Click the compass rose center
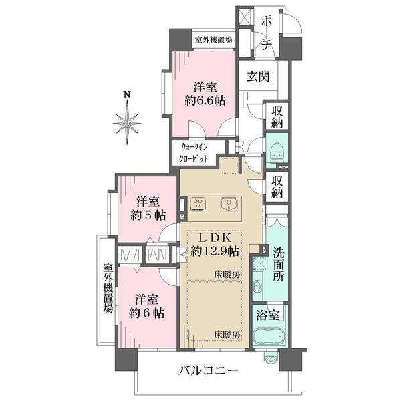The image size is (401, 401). point(127,124)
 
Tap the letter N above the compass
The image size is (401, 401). point(127,94)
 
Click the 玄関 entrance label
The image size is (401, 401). point(258,76)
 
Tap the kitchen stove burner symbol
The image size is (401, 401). point(198,205)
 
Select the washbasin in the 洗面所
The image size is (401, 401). point(257,285)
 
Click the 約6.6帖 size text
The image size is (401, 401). point(205,100)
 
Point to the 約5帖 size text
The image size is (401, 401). point(148,215)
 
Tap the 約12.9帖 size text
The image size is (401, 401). point(215,251)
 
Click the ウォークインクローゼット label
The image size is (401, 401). point(194,154)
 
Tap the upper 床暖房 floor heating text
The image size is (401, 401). point(227,275)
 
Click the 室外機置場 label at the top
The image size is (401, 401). point(214,40)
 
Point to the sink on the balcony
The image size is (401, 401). point(271,358)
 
